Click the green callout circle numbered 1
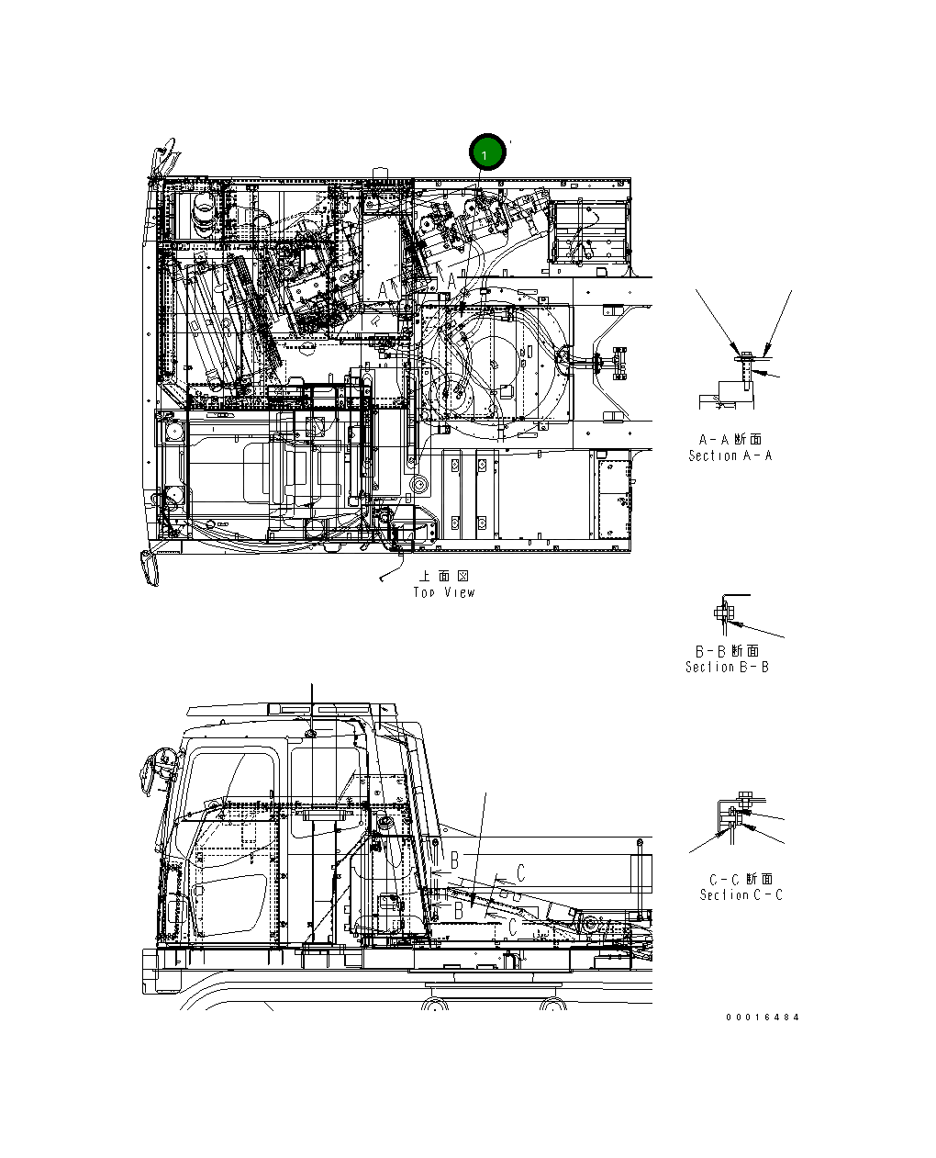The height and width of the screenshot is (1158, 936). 486,153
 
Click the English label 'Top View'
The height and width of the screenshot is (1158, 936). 444,592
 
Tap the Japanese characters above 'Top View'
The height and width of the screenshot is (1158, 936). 444,576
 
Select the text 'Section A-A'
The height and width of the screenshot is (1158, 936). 730,455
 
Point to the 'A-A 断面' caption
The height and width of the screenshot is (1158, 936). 730,439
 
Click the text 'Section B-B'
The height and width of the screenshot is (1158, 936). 728,667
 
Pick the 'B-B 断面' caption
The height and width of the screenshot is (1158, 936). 728,650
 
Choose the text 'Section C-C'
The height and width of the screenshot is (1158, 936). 741,894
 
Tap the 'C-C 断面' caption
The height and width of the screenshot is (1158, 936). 741,879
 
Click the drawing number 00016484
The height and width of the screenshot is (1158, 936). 763,1017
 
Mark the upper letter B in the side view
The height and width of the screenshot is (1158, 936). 454,861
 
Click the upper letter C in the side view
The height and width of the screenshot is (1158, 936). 520,872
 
